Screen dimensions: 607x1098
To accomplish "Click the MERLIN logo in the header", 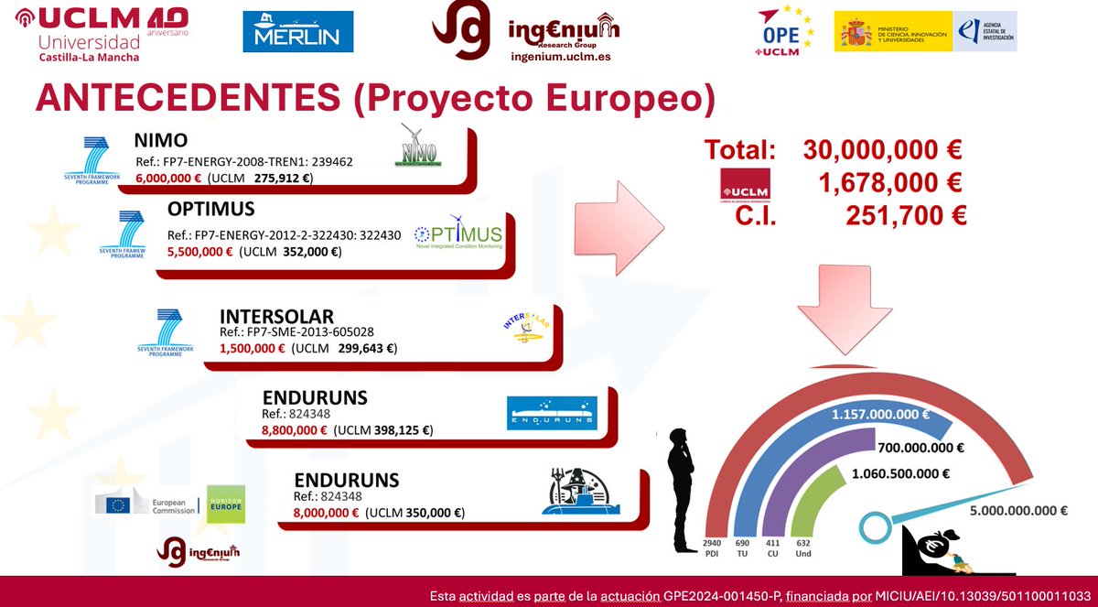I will [297, 32].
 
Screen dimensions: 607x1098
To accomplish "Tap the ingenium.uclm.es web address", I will [561, 56].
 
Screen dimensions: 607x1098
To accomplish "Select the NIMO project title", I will [161, 141].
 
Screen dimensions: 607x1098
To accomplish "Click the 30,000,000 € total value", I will [882, 150].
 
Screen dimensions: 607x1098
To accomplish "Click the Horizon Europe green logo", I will [224, 504].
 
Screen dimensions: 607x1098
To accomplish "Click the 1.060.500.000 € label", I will [901, 474].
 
